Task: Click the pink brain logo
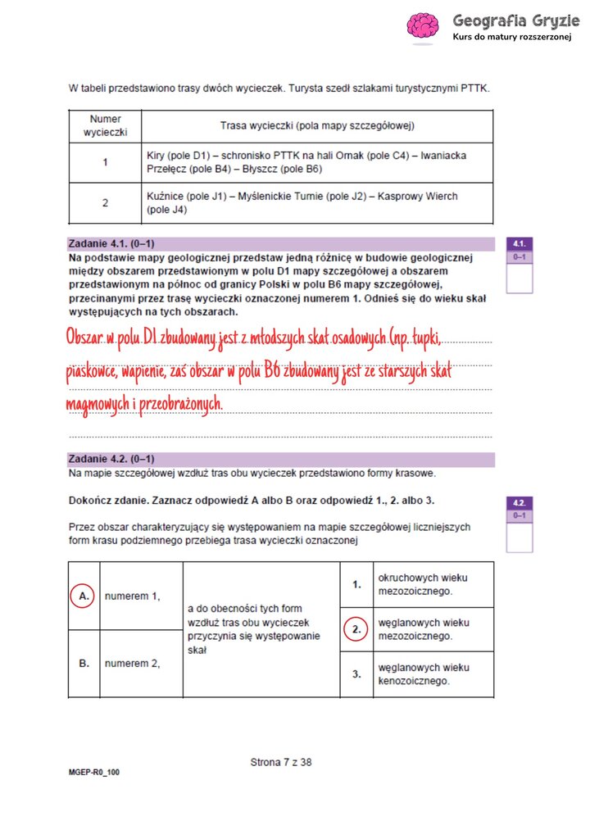(x=424, y=25)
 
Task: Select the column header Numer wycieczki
(x=105, y=125)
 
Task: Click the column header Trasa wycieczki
(x=317, y=125)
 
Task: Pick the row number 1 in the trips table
(x=105, y=162)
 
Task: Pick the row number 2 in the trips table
(x=105, y=202)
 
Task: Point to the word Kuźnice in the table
(x=165, y=197)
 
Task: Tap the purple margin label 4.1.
(x=520, y=244)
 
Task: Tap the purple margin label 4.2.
(x=520, y=502)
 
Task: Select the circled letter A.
(x=84, y=596)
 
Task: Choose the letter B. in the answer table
(x=84, y=664)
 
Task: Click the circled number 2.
(x=356, y=629)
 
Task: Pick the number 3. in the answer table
(x=356, y=674)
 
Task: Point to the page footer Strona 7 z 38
(x=281, y=762)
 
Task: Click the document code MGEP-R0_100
(x=94, y=772)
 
